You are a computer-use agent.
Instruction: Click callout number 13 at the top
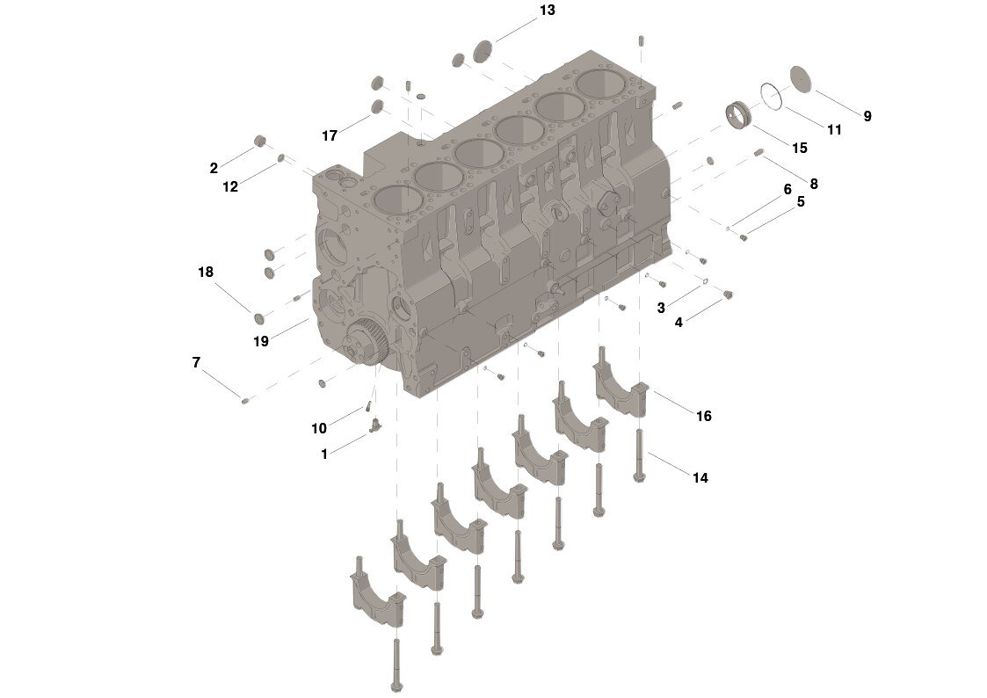coord(547,11)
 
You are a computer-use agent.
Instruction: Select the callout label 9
coord(867,116)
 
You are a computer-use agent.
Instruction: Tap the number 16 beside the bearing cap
coord(703,416)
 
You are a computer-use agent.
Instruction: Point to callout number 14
coord(700,478)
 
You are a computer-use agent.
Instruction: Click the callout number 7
coord(196,362)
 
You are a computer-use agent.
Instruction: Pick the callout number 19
coord(261,341)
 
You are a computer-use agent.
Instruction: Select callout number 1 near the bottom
coord(324,454)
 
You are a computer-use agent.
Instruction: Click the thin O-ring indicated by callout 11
coord(771,96)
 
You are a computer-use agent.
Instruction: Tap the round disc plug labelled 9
coord(800,78)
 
